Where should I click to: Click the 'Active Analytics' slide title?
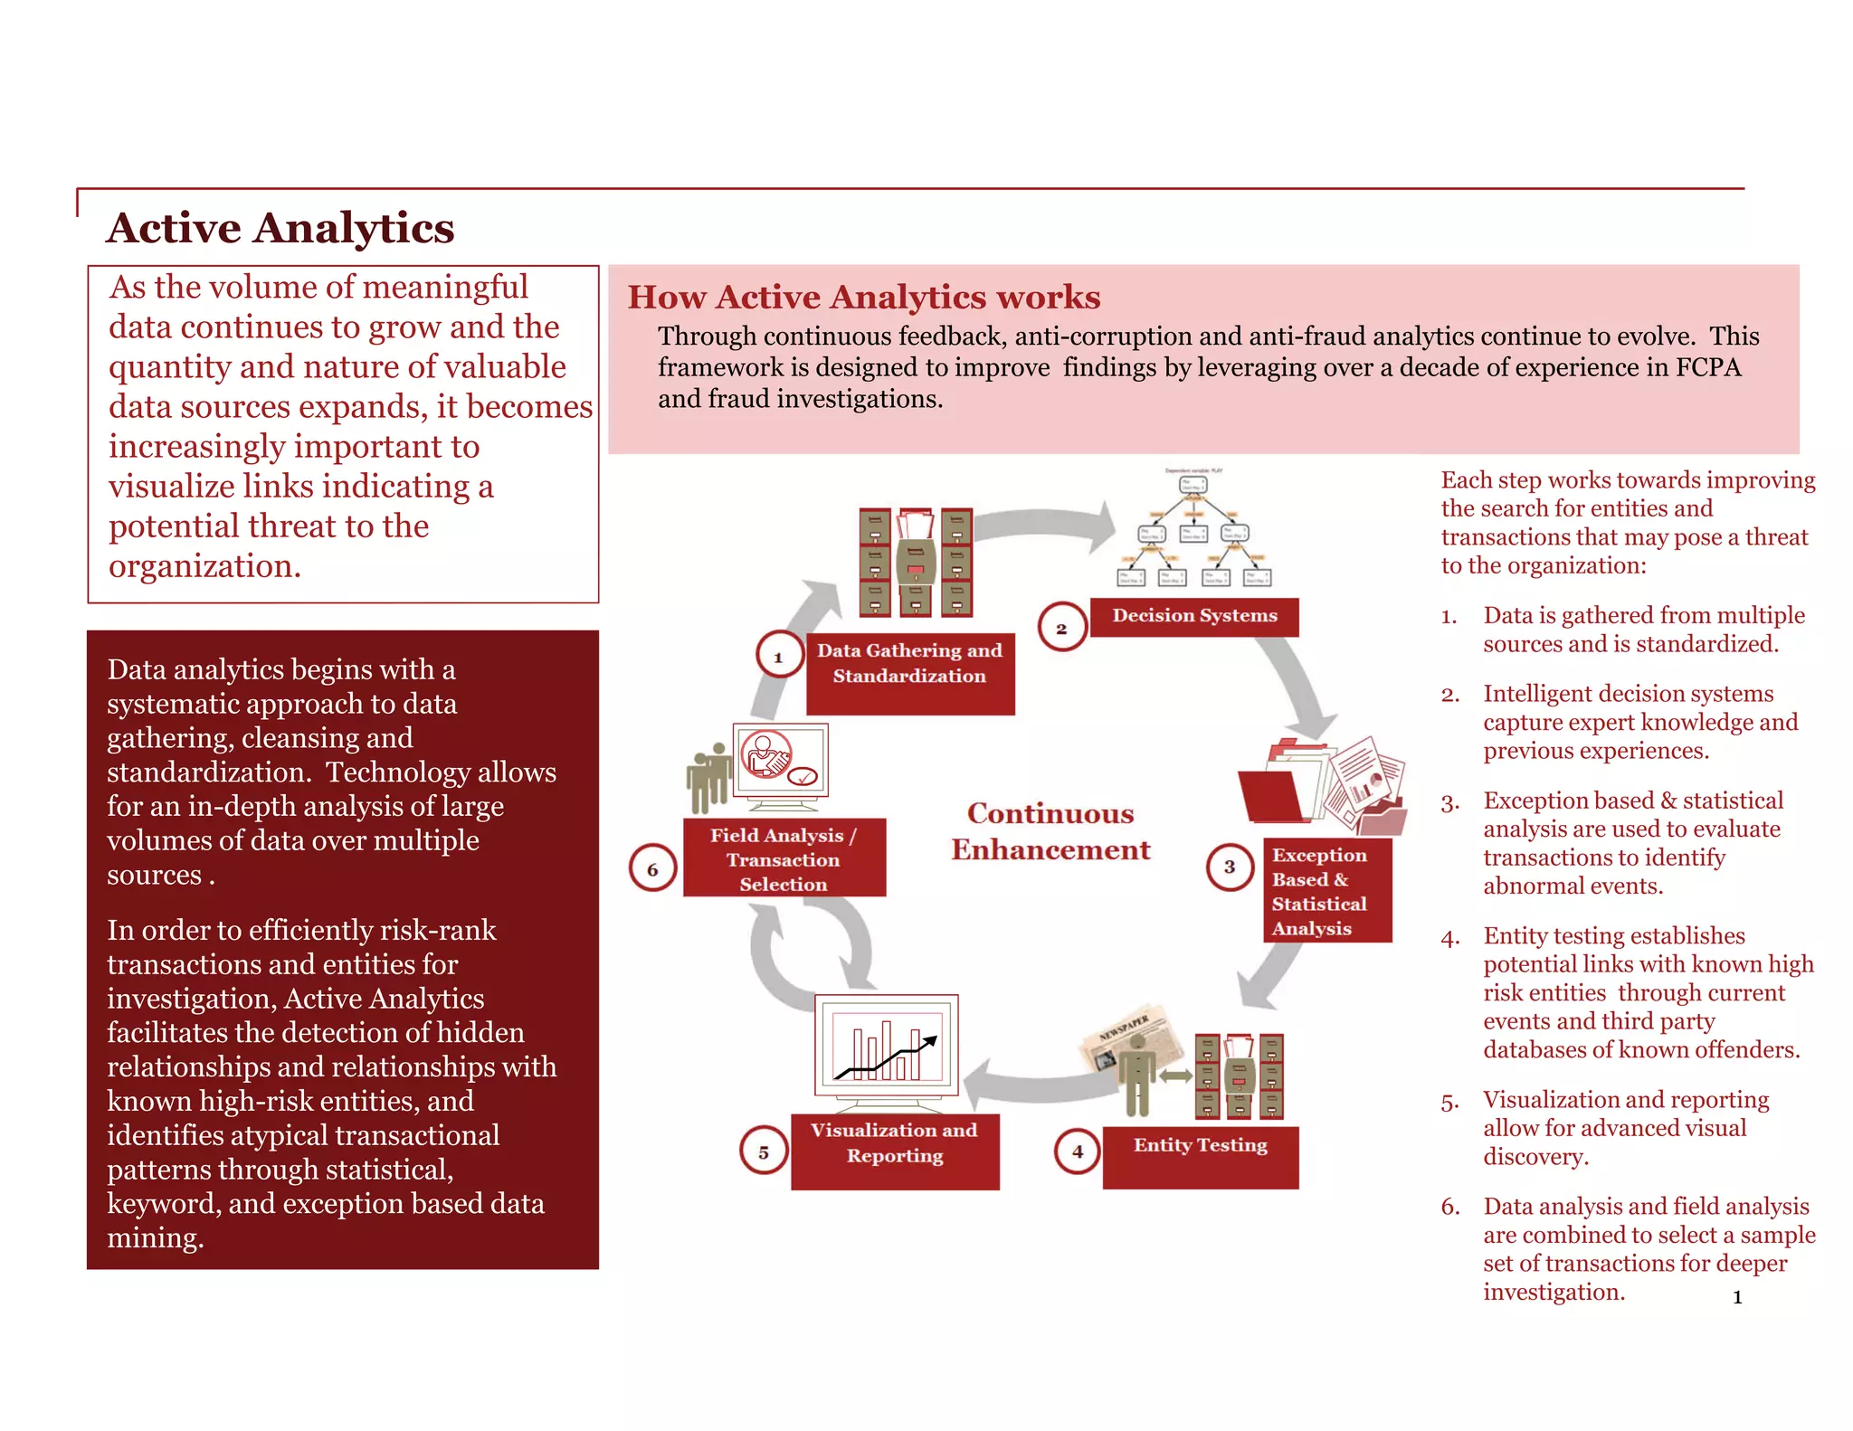pyautogui.click(x=280, y=228)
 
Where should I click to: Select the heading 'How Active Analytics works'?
pyautogui.click(x=864, y=297)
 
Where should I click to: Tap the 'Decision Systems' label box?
pyautogui.click(x=1194, y=616)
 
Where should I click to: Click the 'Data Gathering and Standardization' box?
pyautogui.click(x=910, y=673)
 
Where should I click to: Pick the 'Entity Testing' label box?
pyautogui.click(x=1201, y=1156)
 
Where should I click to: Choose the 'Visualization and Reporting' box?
pyautogui.click(x=895, y=1151)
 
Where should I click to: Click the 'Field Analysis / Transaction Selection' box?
pyautogui.click(x=784, y=858)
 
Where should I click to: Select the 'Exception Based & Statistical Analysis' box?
pyautogui.click(x=1326, y=891)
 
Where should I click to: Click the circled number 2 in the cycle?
pyautogui.click(x=1061, y=628)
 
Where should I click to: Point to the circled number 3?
pyautogui.click(x=1230, y=866)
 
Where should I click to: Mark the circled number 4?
pyautogui.click(x=1077, y=1151)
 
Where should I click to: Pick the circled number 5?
pyautogui.click(x=764, y=1151)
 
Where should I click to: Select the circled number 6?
pyautogui.click(x=652, y=868)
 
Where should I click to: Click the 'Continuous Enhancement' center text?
pyautogui.click(x=1050, y=831)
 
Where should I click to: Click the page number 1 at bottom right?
pyautogui.click(x=1737, y=1297)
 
